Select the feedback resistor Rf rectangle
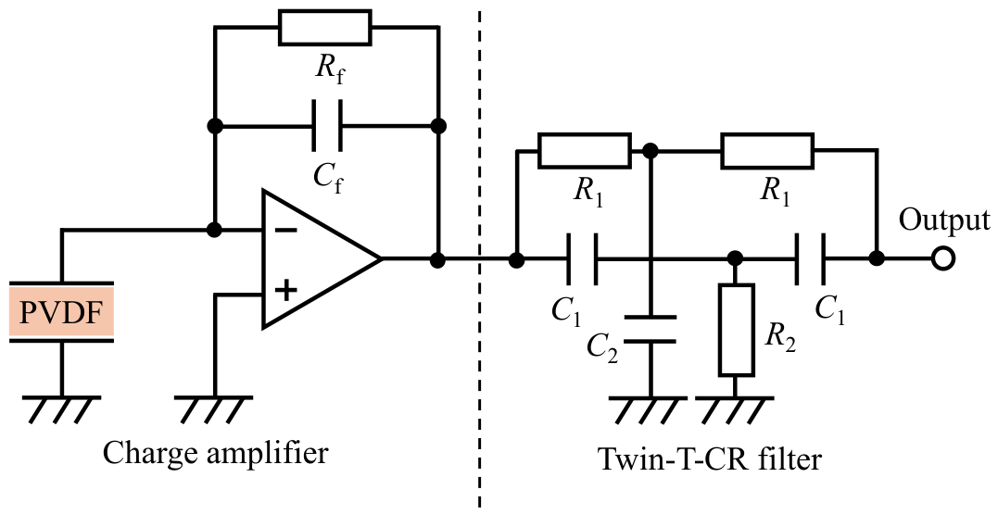[x=325, y=28]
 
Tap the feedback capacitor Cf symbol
[x=327, y=125]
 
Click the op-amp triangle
[x=322, y=258]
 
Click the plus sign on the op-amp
[x=285, y=290]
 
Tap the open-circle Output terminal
[x=943, y=258]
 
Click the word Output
[x=944, y=220]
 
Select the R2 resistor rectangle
[x=737, y=330]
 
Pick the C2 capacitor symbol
[x=650, y=329]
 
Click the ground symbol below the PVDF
[x=62, y=410]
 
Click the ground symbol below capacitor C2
[x=650, y=410]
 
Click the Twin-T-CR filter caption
[x=710, y=459]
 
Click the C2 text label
[x=602, y=347]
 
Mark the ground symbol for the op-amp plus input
[x=215, y=410]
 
